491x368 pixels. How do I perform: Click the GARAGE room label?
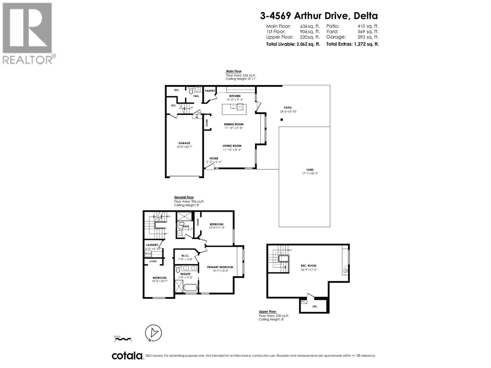click(x=184, y=143)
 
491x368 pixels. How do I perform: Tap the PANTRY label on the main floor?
click(x=210, y=91)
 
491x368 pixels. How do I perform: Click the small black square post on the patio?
click(x=282, y=120)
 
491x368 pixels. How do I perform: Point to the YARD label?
click(x=310, y=170)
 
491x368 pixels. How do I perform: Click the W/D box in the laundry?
click(x=148, y=254)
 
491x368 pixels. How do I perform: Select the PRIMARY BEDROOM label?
click(x=220, y=267)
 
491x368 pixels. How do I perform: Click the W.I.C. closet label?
click(x=185, y=256)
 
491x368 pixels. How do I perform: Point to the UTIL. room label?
click(x=315, y=306)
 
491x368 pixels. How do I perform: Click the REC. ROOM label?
click(x=308, y=266)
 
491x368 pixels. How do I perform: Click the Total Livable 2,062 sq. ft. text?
click(x=292, y=44)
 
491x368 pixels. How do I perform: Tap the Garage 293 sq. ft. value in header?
click(x=368, y=37)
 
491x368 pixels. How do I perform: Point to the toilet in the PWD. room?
click(x=191, y=90)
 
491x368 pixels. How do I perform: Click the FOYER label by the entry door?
click(x=214, y=159)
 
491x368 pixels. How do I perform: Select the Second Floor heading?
click(x=184, y=197)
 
